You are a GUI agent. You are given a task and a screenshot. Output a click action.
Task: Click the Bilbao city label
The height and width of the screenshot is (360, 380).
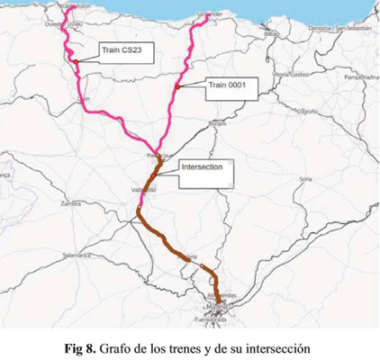[272, 33]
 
